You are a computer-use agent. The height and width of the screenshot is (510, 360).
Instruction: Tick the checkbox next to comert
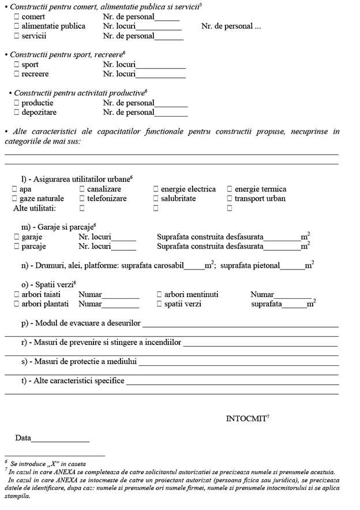coord(16,17)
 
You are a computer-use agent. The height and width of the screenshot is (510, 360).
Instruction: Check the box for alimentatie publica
coord(16,26)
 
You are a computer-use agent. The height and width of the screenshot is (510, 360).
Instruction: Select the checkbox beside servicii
coord(16,36)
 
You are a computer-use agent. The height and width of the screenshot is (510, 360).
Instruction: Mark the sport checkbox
coord(16,65)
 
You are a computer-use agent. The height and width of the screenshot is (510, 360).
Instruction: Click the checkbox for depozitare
coord(16,112)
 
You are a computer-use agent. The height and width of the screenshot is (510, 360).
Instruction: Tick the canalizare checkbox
coord(82,189)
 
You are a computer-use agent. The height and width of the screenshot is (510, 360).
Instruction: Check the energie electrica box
coord(156,189)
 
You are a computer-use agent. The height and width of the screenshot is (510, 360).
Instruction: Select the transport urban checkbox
coord(230,198)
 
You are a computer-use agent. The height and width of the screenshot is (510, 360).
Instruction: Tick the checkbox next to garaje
coord(16,237)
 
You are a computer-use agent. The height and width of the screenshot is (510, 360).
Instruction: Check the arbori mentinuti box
coord(159,294)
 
